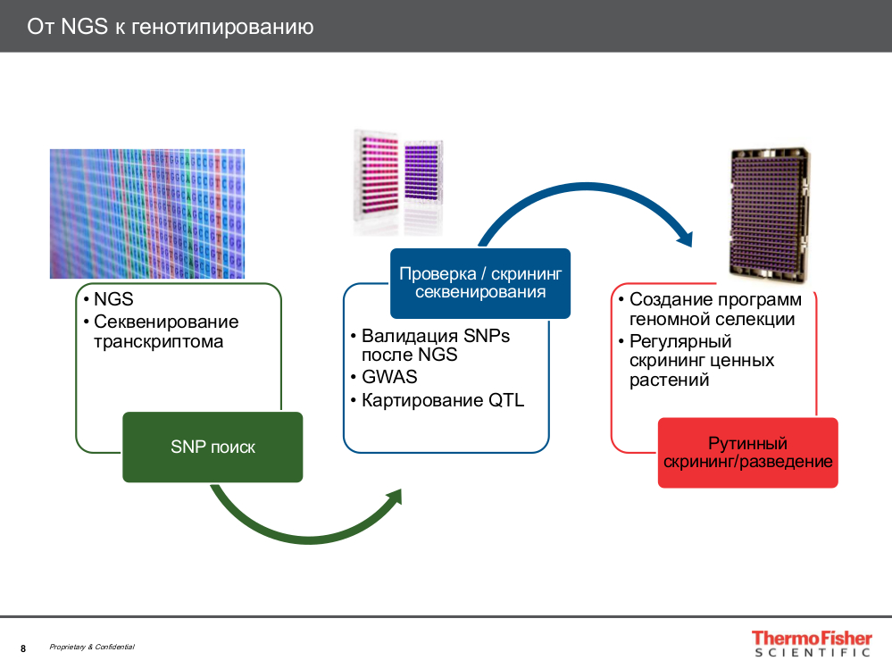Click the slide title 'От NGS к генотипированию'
pyautogui.click(x=170, y=27)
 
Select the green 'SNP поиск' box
pyautogui.click(x=213, y=447)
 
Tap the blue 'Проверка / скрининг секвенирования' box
pyautogui.click(x=479, y=282)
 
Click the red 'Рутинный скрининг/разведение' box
pyautogui.click(x=747, y=453)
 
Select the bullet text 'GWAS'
pyautogui.click(x=389, y=377)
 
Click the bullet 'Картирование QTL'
pyautogui.click(x=442, y=400)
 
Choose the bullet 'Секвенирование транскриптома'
pyautogui.click(x=165, y=331)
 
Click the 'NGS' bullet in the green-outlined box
pyautogui.click(x=113, y=300)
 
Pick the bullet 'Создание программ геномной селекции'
pyautogui.click(x=714, y=309)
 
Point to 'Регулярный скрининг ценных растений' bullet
pyautogui.click(x=701, y=361)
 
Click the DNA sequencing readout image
pyautogui.click(x=146, y=213)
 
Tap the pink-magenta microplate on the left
pyautogui.click(x=376, y=179)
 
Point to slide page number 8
pyautogui.click(x=23, y=648)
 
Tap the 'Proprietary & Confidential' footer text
pyautogui.click(x=92, y=647)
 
